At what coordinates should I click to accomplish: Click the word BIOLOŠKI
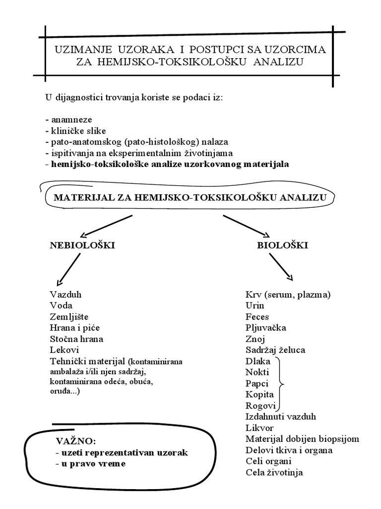coord(282,245)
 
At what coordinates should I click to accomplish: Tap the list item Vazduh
coord(65,294)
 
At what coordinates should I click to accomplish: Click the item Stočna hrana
coord(76,339)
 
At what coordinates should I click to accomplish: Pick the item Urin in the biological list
coord(254,306)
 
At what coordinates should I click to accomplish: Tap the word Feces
coord(257,317)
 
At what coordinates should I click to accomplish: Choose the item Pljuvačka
coord(265,328)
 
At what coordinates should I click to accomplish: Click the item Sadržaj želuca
coord(275,350)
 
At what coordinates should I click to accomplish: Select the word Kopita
coord(259,394)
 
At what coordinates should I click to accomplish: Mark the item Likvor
coord(259,427)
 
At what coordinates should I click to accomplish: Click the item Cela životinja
coord(274,472)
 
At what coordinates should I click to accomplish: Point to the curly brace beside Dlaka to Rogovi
coord(282,383)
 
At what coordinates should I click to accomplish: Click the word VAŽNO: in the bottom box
coord(76,441)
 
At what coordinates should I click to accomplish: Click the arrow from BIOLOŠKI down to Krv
coord(280,267)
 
